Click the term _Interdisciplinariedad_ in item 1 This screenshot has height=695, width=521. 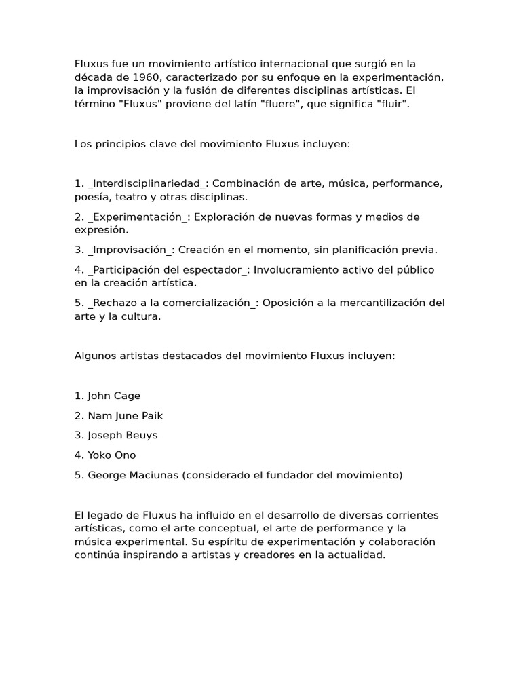[147, 183]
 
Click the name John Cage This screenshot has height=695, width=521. [114, 396]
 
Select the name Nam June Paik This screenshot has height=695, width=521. [125, 415]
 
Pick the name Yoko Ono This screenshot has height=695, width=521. [111, 455]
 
